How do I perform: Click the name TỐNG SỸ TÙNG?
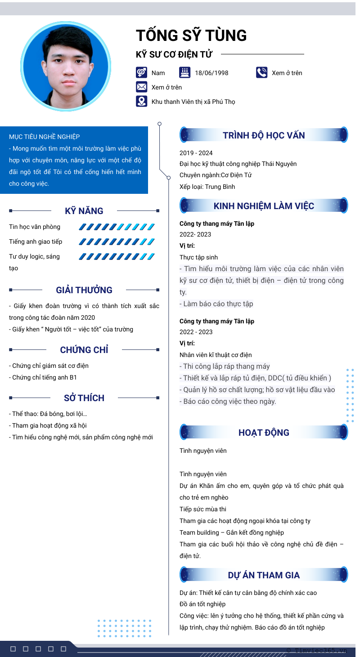(x=191, y=36)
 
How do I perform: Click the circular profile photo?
(x=66, y=66)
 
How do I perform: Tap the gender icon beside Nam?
(x=141, y=72)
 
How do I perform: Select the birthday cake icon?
(x=185, y=72)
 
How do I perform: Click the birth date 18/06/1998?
(x=211, y=73)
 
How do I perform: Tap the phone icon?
(x=261, y=72)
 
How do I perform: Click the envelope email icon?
(x=141, y=87)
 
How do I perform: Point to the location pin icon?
(x=141, y=101)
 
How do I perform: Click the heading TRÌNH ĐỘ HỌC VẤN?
(x=264, y=135)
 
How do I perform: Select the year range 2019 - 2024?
(x=196, y=153)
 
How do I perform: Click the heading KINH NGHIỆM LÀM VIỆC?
(x=264, y=206)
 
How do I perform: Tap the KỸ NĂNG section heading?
(x=84, y=211)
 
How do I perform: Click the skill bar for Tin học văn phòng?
(x=117, y=227)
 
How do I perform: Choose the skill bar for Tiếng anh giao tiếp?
(x=117, y=242)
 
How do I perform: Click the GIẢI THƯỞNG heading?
(x=84, y=290)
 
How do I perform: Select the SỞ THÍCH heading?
(x=84, y=398)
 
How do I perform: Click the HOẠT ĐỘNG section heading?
(x=264, y=433)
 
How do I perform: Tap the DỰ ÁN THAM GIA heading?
(x=264, y=575)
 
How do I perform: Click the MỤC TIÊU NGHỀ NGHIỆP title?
(x=45, y=137)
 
